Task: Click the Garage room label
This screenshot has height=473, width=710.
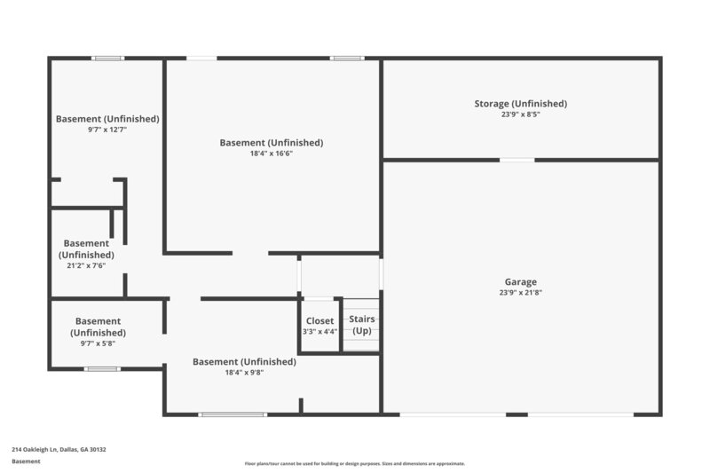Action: (520, 282)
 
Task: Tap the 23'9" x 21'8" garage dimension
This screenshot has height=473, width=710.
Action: (520, 293)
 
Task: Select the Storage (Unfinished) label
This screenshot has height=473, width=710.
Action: (520, 104)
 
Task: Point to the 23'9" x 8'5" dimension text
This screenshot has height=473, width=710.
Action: (520, 114)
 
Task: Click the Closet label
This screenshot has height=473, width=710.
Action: (319, 320)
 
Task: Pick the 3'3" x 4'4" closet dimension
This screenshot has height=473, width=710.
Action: (319, 332)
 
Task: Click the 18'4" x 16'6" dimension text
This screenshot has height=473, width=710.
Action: (271, 154)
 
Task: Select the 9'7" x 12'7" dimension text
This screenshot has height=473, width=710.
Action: (107, 130)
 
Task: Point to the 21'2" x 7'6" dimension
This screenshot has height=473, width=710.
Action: (86, 265)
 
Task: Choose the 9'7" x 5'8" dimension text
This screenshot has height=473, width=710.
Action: (98, 343)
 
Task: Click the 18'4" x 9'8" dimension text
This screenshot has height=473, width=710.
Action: (244, 373)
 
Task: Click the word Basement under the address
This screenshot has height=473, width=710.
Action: (26, 461)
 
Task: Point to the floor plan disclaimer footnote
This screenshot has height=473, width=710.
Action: (355, 463)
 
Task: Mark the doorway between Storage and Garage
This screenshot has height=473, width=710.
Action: (517, 160)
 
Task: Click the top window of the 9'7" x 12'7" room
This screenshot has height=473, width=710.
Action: (107, 59)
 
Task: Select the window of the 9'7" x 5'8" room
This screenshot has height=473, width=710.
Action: (102, 368)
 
